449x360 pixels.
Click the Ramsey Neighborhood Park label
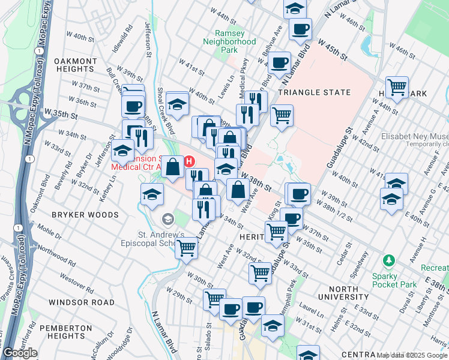coord(229,41)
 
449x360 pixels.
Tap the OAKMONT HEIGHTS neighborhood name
coord(76,65)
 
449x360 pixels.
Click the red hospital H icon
coord(190,161)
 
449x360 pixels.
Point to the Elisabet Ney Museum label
coord(414,136)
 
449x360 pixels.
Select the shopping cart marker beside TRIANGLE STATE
coord(281,115)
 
